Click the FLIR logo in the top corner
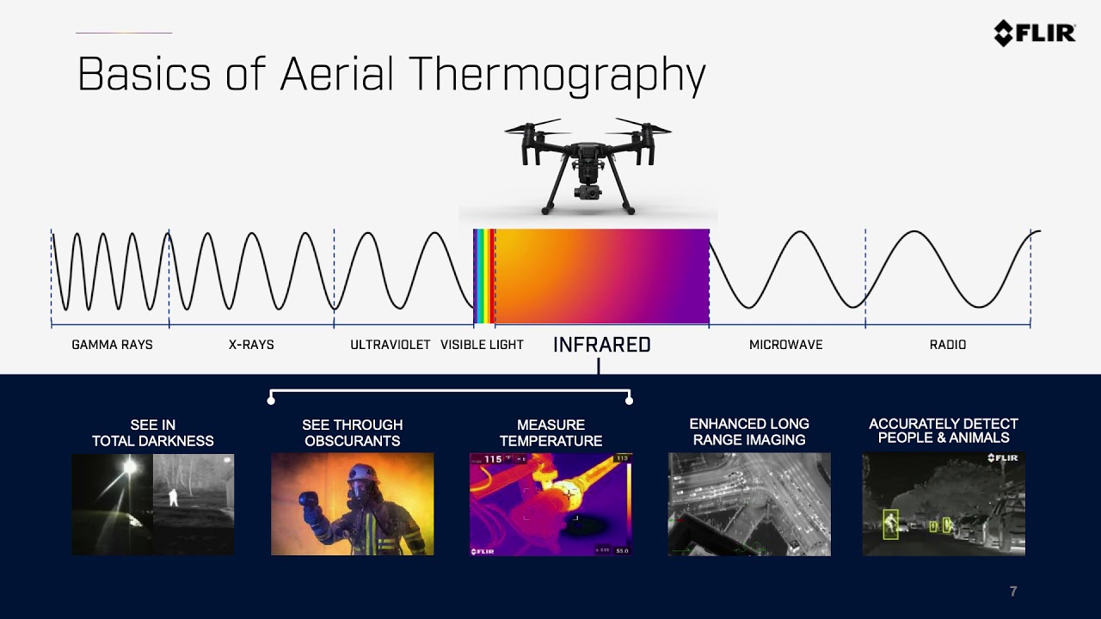1035,34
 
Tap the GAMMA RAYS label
112,345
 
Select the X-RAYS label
251,345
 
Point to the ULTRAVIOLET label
391,345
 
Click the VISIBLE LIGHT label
482,345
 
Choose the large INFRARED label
601,345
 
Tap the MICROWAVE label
785,345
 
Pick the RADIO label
948,345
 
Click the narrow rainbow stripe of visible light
484,276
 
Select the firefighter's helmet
362,474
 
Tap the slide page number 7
1013,591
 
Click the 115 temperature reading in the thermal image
493,459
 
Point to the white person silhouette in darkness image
173,497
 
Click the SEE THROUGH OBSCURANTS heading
353,432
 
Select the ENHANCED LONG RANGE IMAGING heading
749,432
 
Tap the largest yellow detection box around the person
890,524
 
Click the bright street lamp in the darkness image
129,465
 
